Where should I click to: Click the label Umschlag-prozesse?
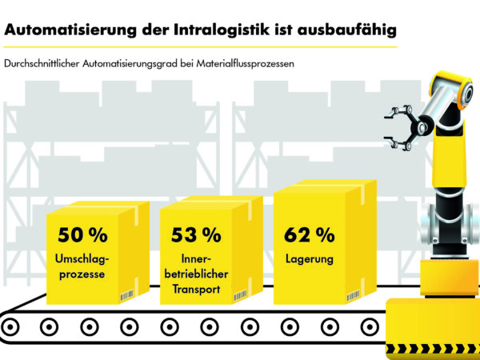(82, 268)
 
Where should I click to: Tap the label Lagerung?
(309, 260)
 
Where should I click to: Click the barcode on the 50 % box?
(127, 297)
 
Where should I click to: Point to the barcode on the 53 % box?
(240, 297)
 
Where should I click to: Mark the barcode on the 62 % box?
(353, 296)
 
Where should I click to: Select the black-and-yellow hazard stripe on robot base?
(432, 352)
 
